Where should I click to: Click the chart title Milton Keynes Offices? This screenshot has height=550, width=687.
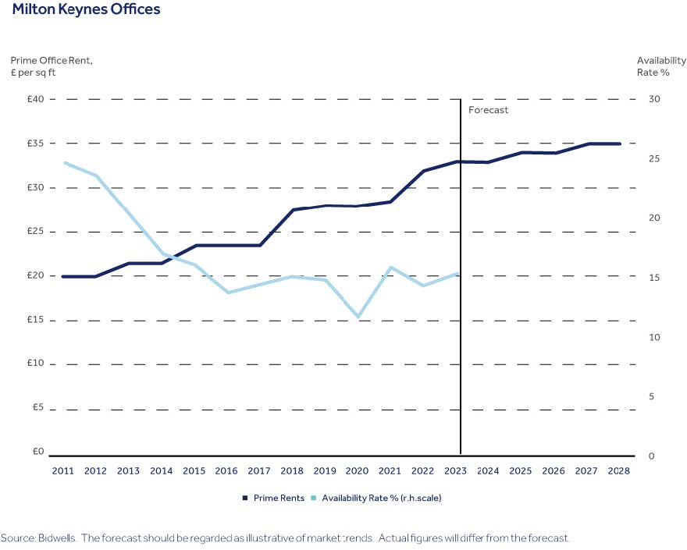click(86, 10)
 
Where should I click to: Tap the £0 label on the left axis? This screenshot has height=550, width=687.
click(37, 451)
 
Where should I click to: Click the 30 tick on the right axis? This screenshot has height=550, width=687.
click(653, 99)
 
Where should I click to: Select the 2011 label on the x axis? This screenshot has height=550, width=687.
click(63, 471)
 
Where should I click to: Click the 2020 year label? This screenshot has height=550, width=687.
click(358, 471)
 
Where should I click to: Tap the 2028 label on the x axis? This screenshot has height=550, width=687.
click(619, 471)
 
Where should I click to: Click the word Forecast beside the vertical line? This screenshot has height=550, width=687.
click(488, 110)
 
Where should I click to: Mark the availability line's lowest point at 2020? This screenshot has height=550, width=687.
click(358, 317)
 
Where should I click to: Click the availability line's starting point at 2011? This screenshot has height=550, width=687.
click(65, 162)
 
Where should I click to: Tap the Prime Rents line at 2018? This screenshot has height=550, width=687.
click(293, 210)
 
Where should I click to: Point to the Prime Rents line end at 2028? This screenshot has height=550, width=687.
click(619, 144)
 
